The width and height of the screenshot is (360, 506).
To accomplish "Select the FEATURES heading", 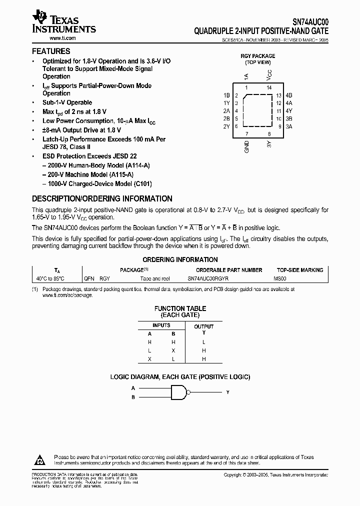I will (x=51, y=51).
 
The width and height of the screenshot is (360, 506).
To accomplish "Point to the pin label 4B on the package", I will (x=289, y=95).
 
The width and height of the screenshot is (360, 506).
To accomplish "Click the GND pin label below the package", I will (x=246, y=147).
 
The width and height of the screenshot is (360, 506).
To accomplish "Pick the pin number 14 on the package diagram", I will (x=269, y=87).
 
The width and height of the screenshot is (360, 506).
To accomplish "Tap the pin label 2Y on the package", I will (x=226, y=126).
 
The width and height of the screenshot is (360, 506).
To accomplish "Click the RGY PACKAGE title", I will (x=258, y=56).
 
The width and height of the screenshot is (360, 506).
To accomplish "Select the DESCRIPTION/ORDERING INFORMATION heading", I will (x=102, y=198).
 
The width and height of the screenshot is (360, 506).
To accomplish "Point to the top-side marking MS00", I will (x=280, y=278).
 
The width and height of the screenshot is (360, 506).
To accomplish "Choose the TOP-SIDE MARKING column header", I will (x=300, y=270).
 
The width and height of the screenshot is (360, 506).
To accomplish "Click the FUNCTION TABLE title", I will (x=180, y=308).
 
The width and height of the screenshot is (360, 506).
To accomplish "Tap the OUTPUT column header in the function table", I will (x=203, y=326).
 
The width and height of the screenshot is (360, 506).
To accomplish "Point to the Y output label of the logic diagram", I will (x=227, y=392).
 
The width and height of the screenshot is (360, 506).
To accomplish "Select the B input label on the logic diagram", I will (x=133, y=397).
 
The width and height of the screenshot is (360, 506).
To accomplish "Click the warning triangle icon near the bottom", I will (x=39, y=458).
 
